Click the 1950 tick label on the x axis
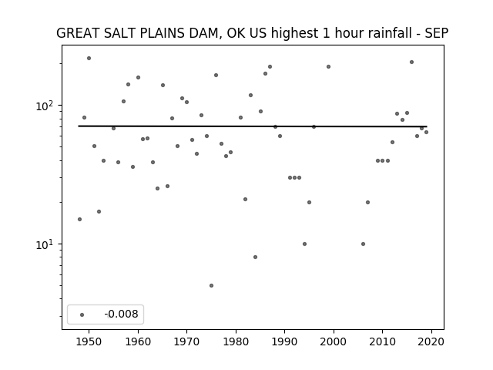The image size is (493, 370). pos(89,341)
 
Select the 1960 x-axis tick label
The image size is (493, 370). pos(138,341)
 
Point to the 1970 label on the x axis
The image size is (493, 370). pos(186,341)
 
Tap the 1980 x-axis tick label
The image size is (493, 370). pos(236,341)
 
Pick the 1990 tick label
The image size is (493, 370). pos(284,341)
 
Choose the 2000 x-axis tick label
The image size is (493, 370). pos(334,341)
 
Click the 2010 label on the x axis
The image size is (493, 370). pos(382,341)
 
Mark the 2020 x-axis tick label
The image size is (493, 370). pos(431,341)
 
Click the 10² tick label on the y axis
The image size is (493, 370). pos(46,106)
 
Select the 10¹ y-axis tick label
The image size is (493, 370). pos(46,244)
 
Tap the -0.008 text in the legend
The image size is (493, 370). pos(121,314)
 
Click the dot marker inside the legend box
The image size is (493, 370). pos(82,314)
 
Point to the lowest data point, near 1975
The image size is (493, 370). pos(211,286)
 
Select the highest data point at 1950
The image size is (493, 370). pos(89,59)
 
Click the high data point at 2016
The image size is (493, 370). pos(411,62)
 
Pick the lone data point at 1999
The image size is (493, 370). pos(329,67)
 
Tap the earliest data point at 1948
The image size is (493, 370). pos(79,219)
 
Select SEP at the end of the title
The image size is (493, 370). pos(437,33)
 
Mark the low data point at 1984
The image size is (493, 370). pos(255,257)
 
